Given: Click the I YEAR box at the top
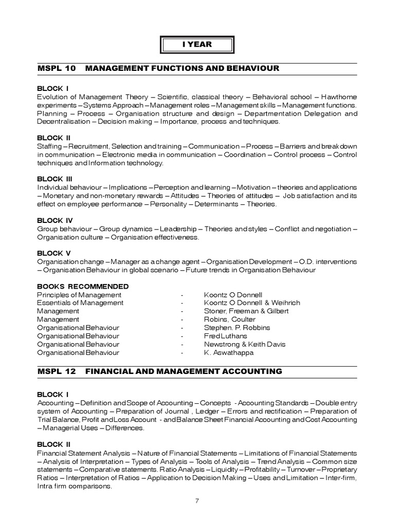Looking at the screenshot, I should [x=197, y=45].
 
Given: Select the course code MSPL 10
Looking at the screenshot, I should [x=57, y=68].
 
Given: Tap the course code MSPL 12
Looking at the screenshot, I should [x=57, y=371].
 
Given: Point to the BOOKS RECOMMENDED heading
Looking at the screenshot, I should [x=83, y=286].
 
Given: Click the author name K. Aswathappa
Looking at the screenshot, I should [x=221, y=352].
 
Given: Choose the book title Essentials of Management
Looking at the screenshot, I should [x=80, y=303].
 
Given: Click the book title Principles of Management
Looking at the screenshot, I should [x=79, y=295].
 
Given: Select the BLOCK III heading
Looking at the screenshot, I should [x=56, y=179].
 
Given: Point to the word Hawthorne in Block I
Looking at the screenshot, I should [x=338, y=97].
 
